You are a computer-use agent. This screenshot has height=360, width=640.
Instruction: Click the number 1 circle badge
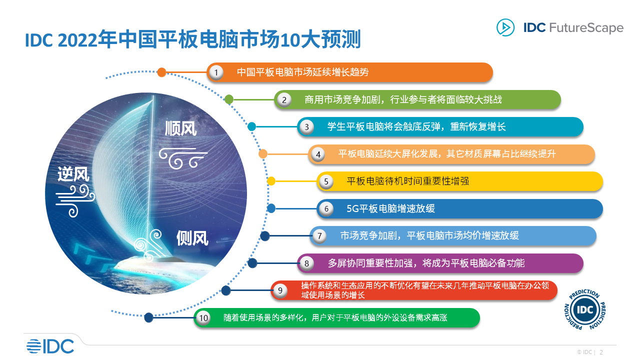[x=216, y=72]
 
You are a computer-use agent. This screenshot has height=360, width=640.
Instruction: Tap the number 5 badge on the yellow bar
[x=326, y=181]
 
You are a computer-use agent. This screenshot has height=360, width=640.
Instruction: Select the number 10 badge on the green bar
[x=203, y=318]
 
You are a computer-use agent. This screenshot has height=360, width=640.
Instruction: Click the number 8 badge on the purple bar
[x=306, y=263]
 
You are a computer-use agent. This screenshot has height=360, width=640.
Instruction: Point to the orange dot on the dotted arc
[x=161, y=72]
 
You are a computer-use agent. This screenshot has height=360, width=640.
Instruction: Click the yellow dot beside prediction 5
[x=271, y=181]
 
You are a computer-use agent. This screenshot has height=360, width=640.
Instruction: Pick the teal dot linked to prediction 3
[x=252, y=126]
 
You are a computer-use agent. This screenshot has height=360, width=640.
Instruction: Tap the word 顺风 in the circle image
[x=181, y=128]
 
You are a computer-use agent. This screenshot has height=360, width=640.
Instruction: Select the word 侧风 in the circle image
[x=192, y=238]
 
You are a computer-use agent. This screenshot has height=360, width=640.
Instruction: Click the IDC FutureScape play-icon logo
[x=505, y=27]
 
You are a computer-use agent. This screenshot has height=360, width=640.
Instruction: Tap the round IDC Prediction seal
[x=585, y=309]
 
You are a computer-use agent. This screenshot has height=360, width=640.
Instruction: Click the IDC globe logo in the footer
[x=50, y=346]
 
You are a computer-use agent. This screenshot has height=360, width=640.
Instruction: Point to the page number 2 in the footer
[x=601, y=352]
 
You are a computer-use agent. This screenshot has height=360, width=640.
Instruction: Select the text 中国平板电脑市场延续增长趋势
[x=302, y=72]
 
